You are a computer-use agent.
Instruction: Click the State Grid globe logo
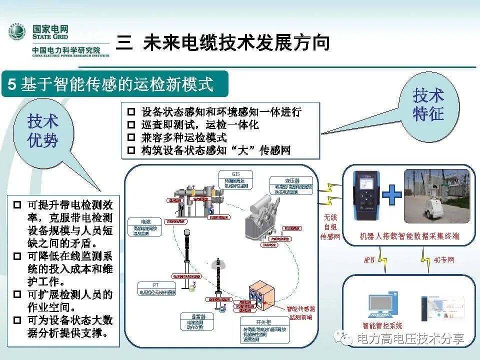16,33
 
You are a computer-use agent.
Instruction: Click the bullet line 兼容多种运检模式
184,137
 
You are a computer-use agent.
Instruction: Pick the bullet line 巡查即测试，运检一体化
200,124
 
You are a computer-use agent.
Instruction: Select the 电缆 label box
145,226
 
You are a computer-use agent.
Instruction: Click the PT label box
157,289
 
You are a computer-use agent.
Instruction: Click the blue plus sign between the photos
392,194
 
